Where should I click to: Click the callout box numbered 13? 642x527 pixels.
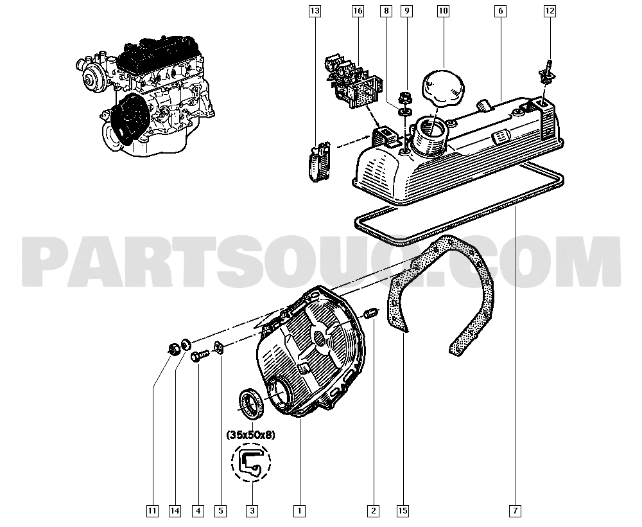click(x=314, y=10)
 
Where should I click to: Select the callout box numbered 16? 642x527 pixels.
click(x=358, y=10)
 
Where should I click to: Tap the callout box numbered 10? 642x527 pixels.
click(x=444, y=10)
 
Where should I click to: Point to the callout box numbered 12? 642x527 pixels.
click(x=550, y=10)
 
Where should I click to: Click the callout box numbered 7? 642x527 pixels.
click(x=516, y=512)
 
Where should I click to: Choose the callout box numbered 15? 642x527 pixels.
click(x=403, y=512)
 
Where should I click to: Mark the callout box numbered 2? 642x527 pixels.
click(x=372, y=512)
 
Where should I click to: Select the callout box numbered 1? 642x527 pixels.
click(x=299, y=512)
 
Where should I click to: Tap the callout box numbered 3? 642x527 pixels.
click(x=252, y=512)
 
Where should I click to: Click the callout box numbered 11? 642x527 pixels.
click(x=152, y=512)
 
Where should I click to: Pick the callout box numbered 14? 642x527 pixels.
click(x=175, y=512)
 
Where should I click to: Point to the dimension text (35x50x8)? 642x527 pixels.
click(x=251, y=435)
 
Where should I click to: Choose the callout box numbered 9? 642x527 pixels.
click(x=406, y=10)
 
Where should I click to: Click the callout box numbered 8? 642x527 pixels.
click(x=385, y=10)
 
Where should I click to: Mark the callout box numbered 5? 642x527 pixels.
click(x=220, y=512)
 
